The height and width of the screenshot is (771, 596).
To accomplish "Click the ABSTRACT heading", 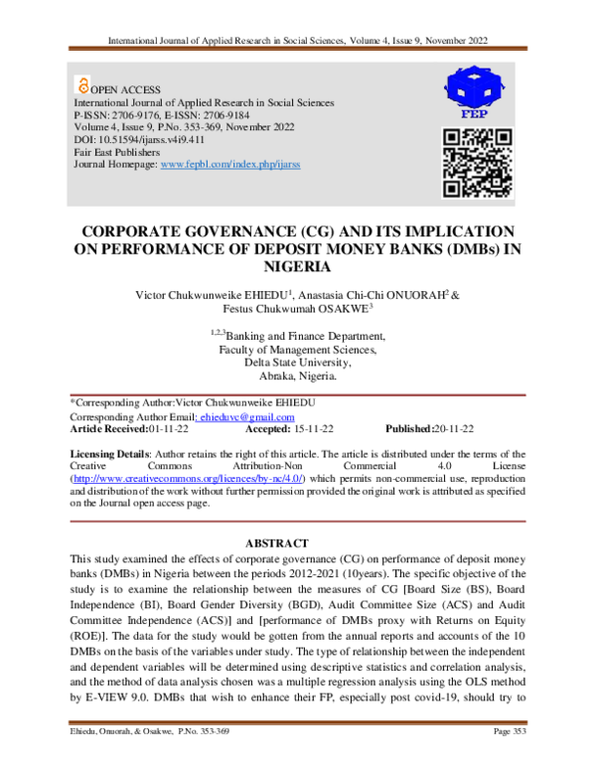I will [x=297, y=542].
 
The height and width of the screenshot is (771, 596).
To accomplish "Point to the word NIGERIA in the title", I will [x=298, y=267].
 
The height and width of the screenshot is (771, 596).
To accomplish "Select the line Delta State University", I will [x=297, y=363].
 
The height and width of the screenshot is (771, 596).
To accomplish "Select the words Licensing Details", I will [x=110, y=452].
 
